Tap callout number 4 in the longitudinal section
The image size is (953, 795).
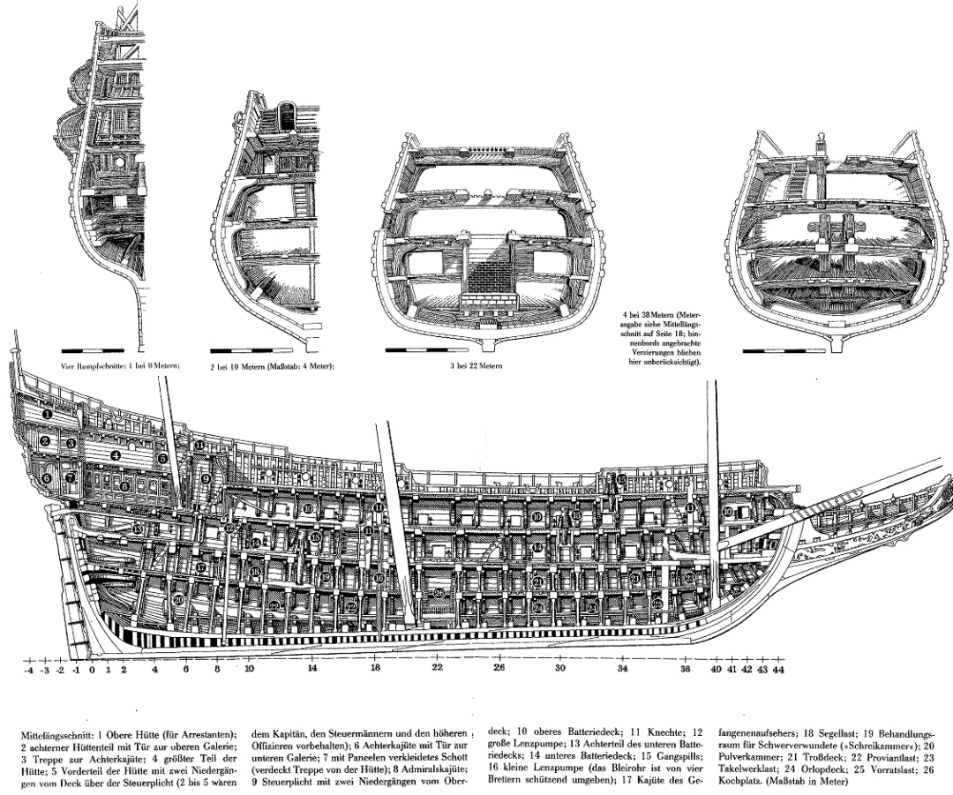click(x=115, y=455)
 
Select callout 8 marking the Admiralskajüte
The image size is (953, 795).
click(x=125, y=484)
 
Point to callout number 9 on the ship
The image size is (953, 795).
click(x=206, y=478)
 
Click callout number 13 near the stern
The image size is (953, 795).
click(x=138, y=528)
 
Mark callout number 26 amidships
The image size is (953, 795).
click(x=439, y=593)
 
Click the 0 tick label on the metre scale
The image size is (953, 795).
click(x=92, y=670)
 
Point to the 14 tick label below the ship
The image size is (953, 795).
click(x=312, y=670)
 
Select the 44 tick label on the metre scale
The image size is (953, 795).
click(x=777, y=670)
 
